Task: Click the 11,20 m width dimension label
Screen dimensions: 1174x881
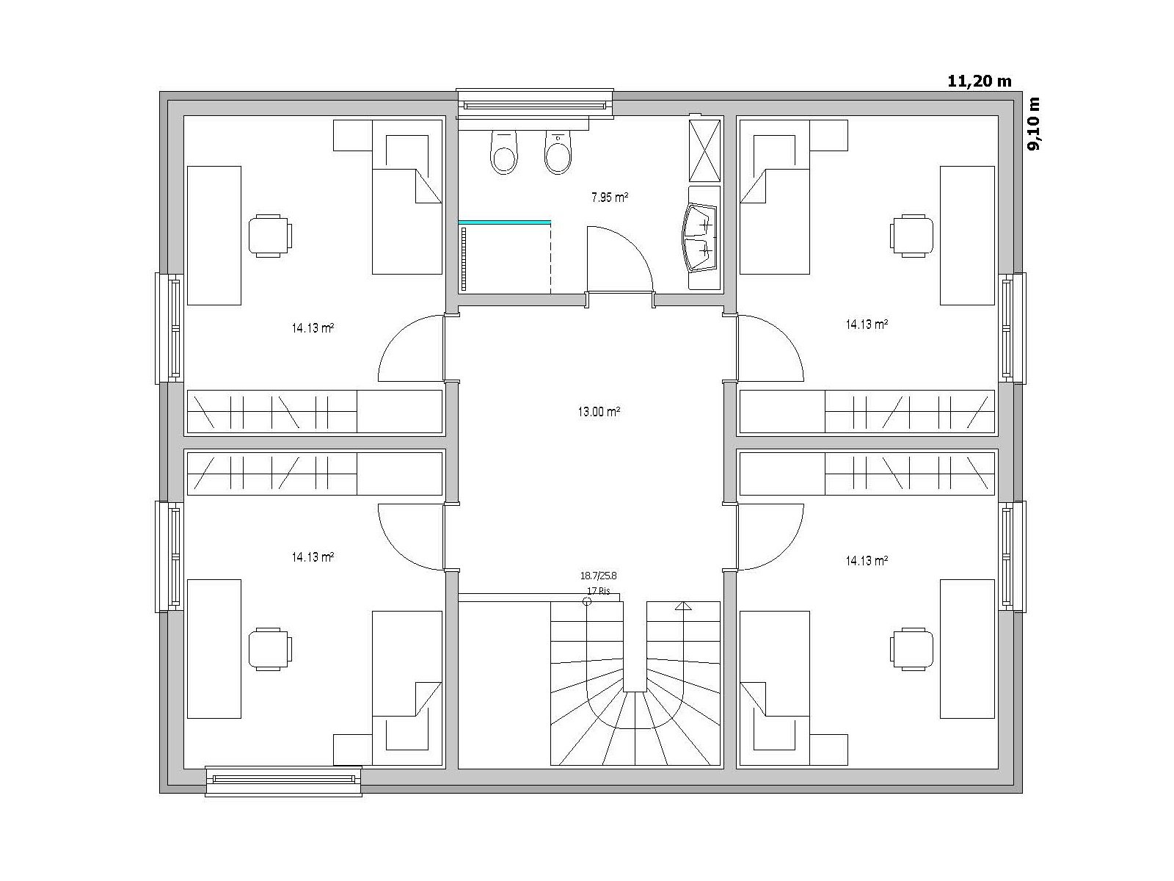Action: pyautogui.click(x=979, y=81)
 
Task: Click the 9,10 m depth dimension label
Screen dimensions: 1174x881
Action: pyautogui.click(x=1034, y=123)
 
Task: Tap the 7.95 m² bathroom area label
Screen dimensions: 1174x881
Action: pyautogui.click(x=609, y=197)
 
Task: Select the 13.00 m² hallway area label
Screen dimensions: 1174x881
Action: pyautogui.click(x=599, y=411)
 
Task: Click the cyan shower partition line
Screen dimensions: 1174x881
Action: pyautogui.click(x=504, y=222)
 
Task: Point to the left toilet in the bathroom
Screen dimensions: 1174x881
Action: pyautogui.click(x=503, y=152)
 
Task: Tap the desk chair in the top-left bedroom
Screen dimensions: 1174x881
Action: pyautogui.click(x=270, y=236)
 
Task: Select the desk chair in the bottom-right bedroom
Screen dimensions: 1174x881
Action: pyautogui.click(x=911, y=648)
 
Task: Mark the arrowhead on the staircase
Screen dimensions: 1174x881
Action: pyautogui.click(x=683, y=606)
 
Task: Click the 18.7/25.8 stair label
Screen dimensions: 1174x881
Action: pyautogui.click(x=599, y=576)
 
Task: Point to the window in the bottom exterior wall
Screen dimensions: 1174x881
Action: pyautogui.click(x=283, y=781)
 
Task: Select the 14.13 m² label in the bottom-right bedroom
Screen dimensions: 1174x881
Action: pyautogui.click(x=867, y=561)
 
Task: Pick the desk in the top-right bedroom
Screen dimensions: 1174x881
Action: pyautogui.click(x=967, y=236)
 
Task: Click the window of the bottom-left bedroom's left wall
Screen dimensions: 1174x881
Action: pyautogui.click(x=170, y=556)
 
